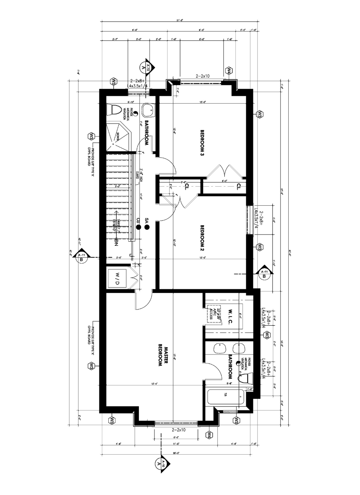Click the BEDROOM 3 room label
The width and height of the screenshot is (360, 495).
coord(202,142)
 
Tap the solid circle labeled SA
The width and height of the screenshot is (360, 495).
coord(147,227)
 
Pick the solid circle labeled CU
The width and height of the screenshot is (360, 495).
coord(138,227)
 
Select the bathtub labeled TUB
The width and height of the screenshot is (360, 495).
coord(226,398)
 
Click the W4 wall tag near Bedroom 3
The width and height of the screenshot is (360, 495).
coord(229,71)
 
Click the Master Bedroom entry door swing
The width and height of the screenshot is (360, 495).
coord(143,301)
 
